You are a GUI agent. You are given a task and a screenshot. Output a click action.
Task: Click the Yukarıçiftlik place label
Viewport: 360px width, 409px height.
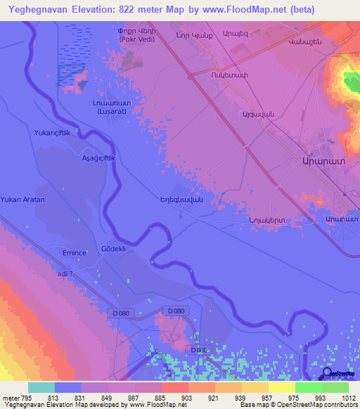point(54,131)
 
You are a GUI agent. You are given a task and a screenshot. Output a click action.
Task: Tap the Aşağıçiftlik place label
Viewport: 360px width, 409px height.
point(98,159)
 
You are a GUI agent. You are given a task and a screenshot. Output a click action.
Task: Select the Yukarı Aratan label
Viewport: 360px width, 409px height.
point(22,200)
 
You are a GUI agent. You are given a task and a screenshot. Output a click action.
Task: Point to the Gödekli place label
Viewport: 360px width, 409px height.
point(113,249)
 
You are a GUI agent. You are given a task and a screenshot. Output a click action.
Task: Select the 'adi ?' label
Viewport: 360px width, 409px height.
point(67,274)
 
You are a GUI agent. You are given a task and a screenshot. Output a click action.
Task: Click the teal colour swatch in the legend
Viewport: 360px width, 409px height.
point(41,387)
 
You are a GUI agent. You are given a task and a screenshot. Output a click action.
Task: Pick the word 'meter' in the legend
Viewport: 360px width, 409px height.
point(9,398)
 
